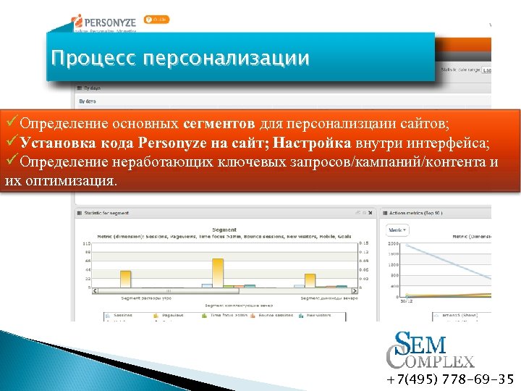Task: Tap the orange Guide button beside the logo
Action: click(157, 20)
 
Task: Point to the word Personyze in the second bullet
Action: click(171, 143)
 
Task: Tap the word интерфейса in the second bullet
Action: click(447, 143)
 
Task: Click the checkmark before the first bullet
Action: click(11, 124)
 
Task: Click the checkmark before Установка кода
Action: click(11, 143)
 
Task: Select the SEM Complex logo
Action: click(430, 350)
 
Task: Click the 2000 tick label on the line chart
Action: click(394, 244)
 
